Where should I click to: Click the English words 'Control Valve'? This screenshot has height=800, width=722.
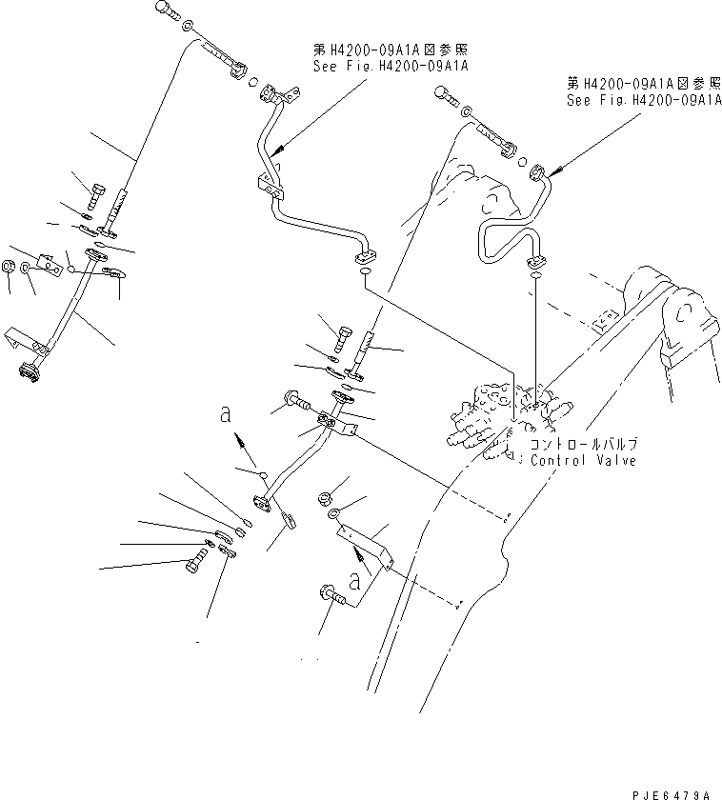click(x=583, y=460)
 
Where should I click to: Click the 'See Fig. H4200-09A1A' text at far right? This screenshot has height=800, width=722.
click(x=643, y=101)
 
